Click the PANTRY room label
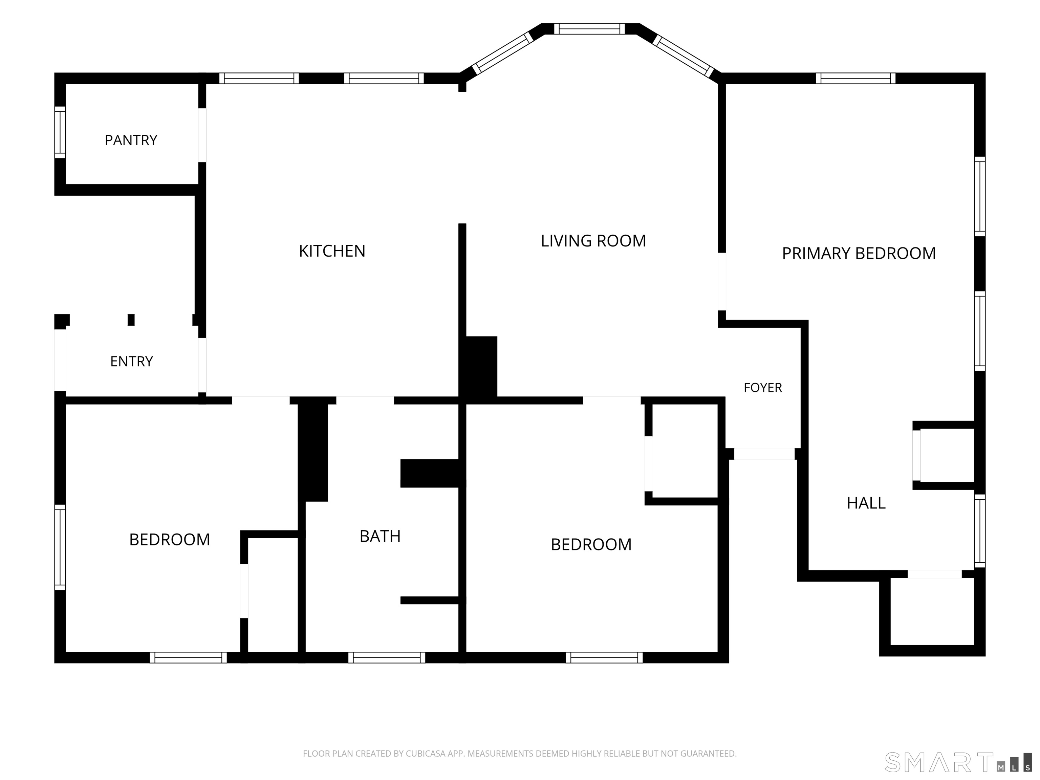[x=131, y=140]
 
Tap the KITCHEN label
[x=332, y=251]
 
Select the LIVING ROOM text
[x=593, y=241]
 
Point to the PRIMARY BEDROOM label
[x=859, y=254]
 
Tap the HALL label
[x=866, y=503]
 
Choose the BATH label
[x=380, y=536]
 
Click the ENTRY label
[x=132, y=361]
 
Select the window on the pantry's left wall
[x=60, y=132]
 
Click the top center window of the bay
[x=590, y=29]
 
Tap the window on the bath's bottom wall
[x=387, y=657]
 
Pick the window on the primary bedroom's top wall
[x=856, y=78]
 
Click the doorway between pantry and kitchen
[x=202, y=135]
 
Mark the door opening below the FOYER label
[x=764, y=454]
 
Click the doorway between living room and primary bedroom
[x=722, y=282]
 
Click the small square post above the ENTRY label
[x=131, y=320]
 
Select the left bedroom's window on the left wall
[x=60, y=547]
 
